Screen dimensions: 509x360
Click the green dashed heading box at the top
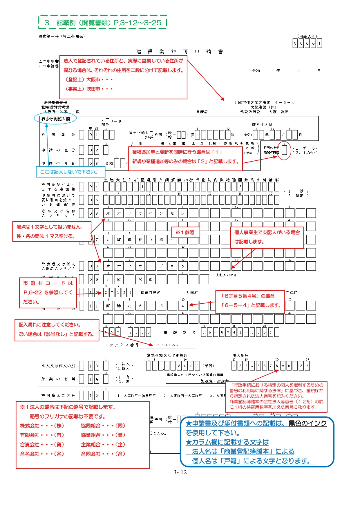click(x=103, y=22)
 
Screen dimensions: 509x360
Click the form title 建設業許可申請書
click(x=180, y=52)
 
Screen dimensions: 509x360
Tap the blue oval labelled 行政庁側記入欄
click(x=55, y=119)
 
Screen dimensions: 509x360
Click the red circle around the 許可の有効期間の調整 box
click(x=284, y=151)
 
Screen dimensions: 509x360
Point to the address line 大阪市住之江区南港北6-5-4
click(x=264, y=102)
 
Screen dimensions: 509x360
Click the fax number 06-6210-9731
click(x=167, y=345)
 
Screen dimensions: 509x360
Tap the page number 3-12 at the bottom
click(x=180, y=472)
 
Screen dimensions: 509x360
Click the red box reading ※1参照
click(x=185, y=232)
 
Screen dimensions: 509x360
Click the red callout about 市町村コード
click(x=48, y=292)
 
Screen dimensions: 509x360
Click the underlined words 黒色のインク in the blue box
click(x=307, y=423)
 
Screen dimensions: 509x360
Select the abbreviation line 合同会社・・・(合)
click(x=103, y=454)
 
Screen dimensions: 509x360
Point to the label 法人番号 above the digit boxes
click(x=240, y=355)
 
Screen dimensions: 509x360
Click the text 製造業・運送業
click(x=215, y=381)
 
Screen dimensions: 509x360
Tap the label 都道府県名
click(x=150, y=292)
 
